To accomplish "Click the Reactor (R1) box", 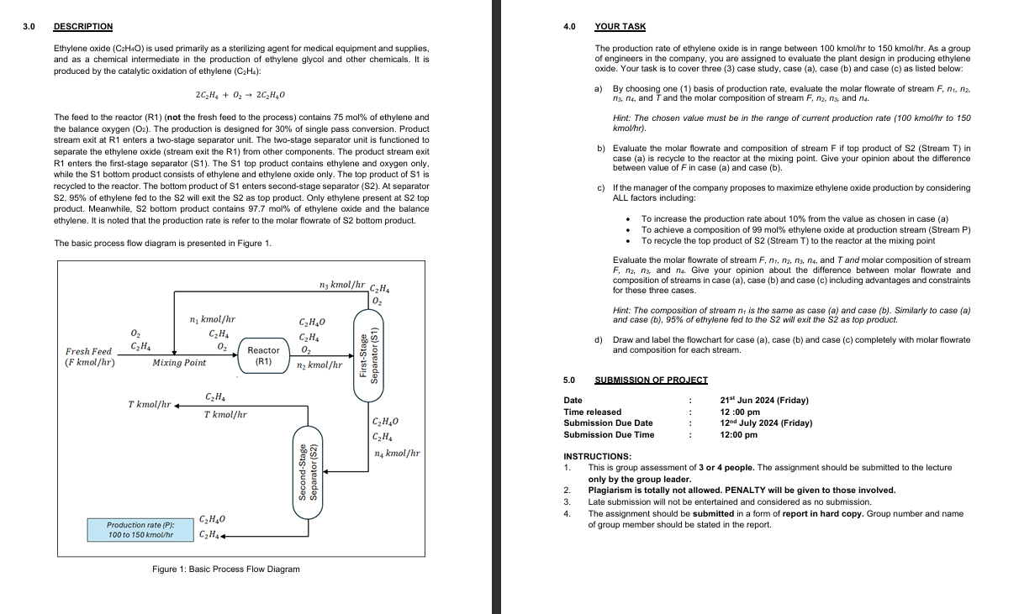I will pos(263,355).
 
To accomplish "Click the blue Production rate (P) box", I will pos(140,529).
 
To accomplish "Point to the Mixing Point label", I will pos(179,364).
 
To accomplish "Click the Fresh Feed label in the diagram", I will pos(89,351).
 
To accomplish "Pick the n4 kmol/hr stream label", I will pos(396,454).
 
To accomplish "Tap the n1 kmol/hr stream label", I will pos(213,319).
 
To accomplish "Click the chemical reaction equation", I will pos(240,94).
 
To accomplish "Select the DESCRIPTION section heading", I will pos(82,27).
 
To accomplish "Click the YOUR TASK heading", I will pos(620,27).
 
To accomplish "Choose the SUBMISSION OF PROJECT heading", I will pos(651,380).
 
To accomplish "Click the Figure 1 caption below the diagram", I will pos(225,569).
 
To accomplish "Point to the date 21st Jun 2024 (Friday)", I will pos(764,401).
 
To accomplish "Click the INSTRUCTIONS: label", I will pos(597,456).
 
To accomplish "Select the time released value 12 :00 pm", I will pos(740,412).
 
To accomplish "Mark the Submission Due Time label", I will pos(609,434).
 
